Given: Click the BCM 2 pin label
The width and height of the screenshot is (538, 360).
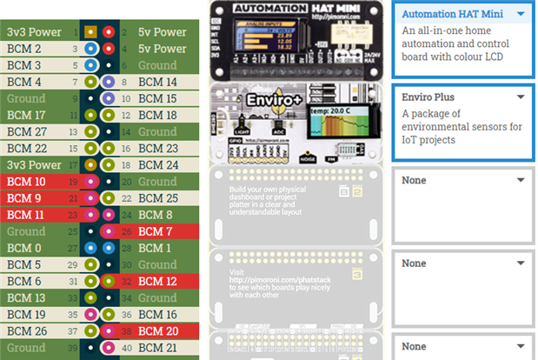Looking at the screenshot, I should coord(24,49).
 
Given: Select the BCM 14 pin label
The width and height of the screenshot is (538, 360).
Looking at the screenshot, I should coord(157,82).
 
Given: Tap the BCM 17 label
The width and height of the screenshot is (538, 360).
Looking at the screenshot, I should coord(27,115).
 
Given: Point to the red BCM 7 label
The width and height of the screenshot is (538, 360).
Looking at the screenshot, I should coord(154,231).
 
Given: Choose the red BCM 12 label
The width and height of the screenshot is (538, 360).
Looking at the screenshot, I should coord(157,281).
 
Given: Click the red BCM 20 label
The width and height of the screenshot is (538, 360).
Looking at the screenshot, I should coord(157,330).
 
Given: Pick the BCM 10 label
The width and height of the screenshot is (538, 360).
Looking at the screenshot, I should coord(27,182).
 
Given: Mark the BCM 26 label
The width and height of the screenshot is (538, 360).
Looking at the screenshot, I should coord(27,330).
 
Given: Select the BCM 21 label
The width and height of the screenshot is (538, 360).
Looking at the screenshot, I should coord(157,347).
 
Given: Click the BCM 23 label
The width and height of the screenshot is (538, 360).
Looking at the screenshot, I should coord(157,149).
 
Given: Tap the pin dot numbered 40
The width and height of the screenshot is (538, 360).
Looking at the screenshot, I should coord(108,347).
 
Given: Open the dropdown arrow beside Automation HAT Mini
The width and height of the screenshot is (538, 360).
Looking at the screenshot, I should coord(520,14).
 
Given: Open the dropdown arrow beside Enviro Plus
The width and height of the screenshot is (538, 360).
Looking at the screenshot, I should coord(520,97).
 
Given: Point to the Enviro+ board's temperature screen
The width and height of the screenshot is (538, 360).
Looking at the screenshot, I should coord(341,130).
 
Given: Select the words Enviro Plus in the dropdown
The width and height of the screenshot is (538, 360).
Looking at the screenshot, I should coord(428,97).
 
